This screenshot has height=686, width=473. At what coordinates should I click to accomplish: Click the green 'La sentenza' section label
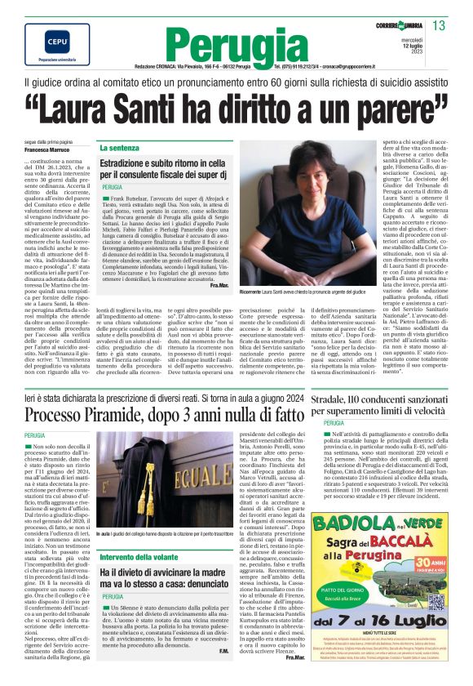coord(118,148)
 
